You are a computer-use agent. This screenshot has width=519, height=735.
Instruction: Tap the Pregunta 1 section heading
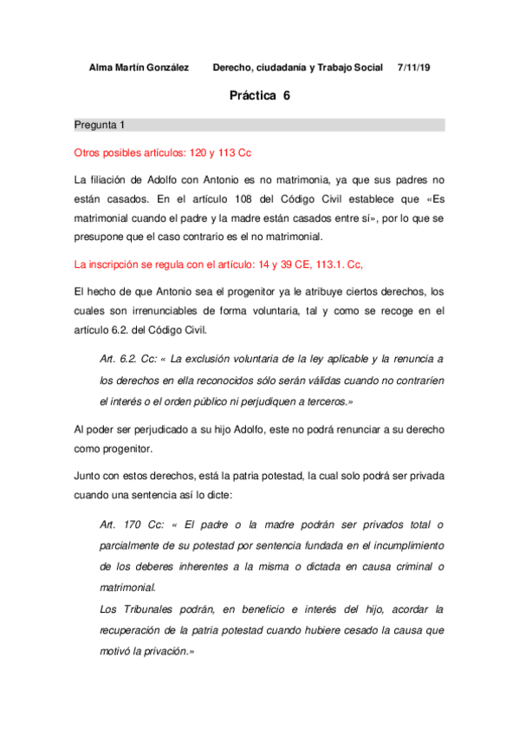click(99, 126)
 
